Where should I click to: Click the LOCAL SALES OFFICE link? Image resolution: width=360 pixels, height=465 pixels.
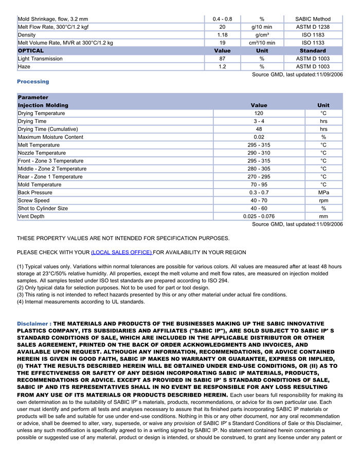[x=121, y=252]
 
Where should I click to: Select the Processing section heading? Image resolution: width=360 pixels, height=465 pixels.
[x=33, y=82]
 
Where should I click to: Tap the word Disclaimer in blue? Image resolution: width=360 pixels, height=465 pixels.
[x=32, y=324]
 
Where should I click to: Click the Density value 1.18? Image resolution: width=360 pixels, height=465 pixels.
[x=222, y=35]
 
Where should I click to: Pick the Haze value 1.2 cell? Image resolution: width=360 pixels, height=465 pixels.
[x=222, y=67]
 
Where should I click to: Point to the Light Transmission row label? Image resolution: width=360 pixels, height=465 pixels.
[x=40, y=59]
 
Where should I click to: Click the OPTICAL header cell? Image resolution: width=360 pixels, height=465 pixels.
[x=31, y=51]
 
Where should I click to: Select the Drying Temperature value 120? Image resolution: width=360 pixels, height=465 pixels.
[x=259, y=113]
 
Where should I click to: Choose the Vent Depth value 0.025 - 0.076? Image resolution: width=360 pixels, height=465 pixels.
[x=259, y=216]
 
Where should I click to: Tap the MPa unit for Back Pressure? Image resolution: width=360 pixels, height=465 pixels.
[x=323, y=193]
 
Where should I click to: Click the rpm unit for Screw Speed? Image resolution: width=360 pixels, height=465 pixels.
[x=323, y=200]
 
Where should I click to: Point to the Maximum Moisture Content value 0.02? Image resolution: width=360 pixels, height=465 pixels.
[x=259, y=137]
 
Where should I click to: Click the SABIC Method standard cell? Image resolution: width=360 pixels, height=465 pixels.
[x=313, y=19]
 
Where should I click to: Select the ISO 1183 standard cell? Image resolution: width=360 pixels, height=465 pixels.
[x=313, y=35]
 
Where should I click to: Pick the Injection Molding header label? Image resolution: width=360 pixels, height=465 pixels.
[x=43, y=105]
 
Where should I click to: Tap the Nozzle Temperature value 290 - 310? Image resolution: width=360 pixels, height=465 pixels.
[x=259, y=153]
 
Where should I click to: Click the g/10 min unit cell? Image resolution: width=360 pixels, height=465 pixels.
[x=262, y=27]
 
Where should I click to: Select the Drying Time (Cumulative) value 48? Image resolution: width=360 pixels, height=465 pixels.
[x=259, y=129]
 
